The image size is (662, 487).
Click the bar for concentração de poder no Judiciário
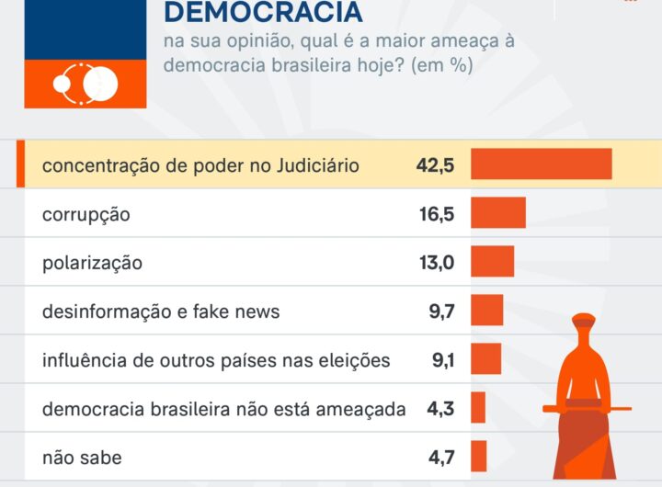(x=541, y=164)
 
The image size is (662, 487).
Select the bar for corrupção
(x=497, y=213)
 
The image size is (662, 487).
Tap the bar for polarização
(x=492, y=262)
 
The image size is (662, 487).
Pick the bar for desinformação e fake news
(x=486, y=311)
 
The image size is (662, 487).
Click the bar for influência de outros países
(x=485, y=359)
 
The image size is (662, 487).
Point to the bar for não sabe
(x=478, y=457)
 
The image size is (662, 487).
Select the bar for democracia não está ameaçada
(x=477, y=408)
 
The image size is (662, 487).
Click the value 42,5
(x=435, y=165)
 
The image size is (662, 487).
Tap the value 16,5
(x=437, y=214)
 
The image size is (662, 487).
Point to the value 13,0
(x=437, y=263)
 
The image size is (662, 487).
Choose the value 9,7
(x=441, y=311)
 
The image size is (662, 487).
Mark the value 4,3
(x=441, y=409)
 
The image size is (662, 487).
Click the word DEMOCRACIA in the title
(x=262, y=13)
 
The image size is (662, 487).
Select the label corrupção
(x=86, y=214)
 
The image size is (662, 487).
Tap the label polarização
(x=92, y=263)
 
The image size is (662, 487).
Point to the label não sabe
(x=82, y=458)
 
